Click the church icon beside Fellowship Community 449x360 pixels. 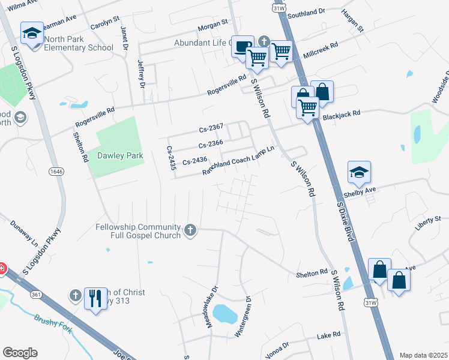click(x=190, y=230)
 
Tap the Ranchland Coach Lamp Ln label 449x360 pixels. click(x=242, y=161)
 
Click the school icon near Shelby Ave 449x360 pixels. click(x=359, y=172)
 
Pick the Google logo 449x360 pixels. click(x=20, y=352)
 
